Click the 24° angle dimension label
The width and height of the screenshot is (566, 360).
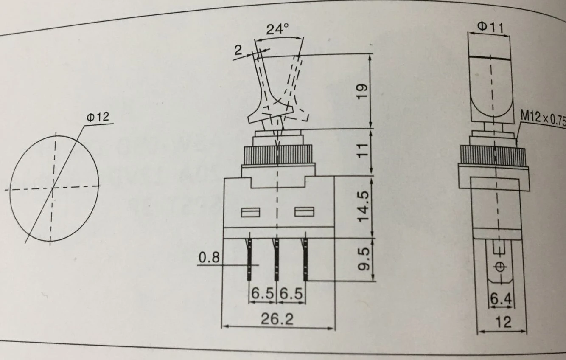[x=277, y=30]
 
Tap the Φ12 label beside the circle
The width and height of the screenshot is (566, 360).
[x=98, y=118]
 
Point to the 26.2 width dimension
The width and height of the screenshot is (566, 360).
[x=277, y=319]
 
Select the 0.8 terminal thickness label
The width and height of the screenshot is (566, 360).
[x=209, y=258]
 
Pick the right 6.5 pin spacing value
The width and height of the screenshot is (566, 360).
[x=291, y=293]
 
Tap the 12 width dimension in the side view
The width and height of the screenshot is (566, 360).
[x=503, y=322]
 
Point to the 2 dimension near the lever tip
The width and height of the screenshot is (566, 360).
[x=238, y=50]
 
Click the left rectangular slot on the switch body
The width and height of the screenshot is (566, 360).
[x=250, y=212]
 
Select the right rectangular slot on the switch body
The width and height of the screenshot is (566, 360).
[x=304, y=211]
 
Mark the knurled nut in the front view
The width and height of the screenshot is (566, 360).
[x=278, y=155]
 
